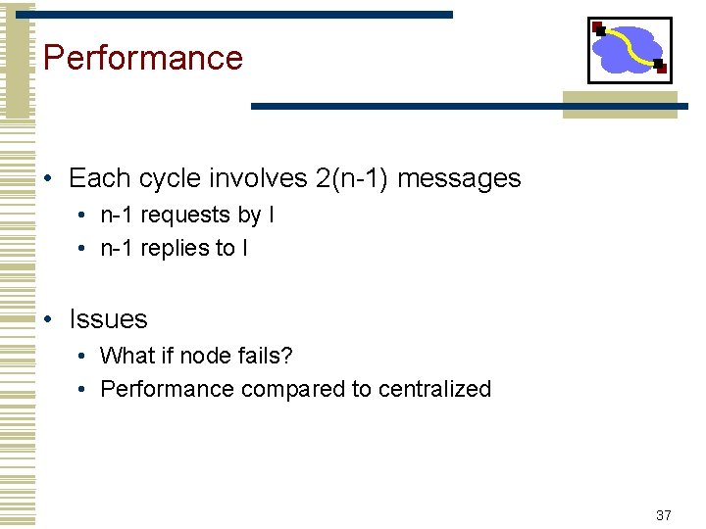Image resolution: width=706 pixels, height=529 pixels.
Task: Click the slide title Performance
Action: pos(143,58)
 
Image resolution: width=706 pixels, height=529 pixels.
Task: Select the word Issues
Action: pos(108,319)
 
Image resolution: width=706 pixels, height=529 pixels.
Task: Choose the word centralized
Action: pos(434,389)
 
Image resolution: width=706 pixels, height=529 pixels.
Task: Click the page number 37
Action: pos(663,514)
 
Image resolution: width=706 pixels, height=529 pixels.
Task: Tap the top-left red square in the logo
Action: pos(598,27)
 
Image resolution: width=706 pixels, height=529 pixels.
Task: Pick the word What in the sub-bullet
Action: pos(125,356)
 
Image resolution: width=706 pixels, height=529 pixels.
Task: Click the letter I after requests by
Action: pos(271,216)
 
